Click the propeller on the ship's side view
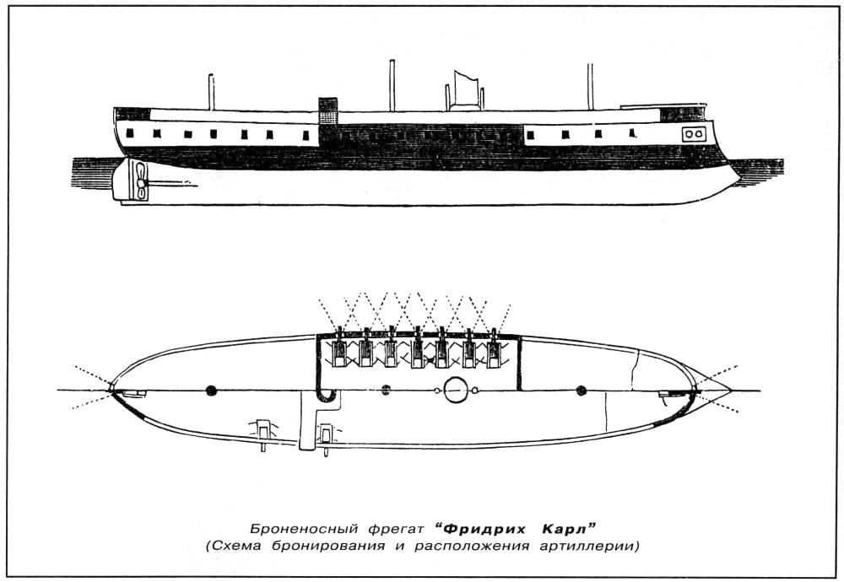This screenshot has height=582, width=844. [137, 181]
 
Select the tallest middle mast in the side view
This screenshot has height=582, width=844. [392, 84]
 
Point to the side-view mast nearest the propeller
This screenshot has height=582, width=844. [211, 91]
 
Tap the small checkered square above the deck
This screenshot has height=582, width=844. [327, 110]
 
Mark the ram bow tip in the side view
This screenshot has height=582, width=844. [737, 176]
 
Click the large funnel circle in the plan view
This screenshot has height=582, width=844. [456, 389]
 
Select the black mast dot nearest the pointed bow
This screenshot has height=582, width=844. [581, 390]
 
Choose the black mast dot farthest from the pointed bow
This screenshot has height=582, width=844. [210, 390]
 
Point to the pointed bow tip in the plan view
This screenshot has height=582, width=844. [730, 390]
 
